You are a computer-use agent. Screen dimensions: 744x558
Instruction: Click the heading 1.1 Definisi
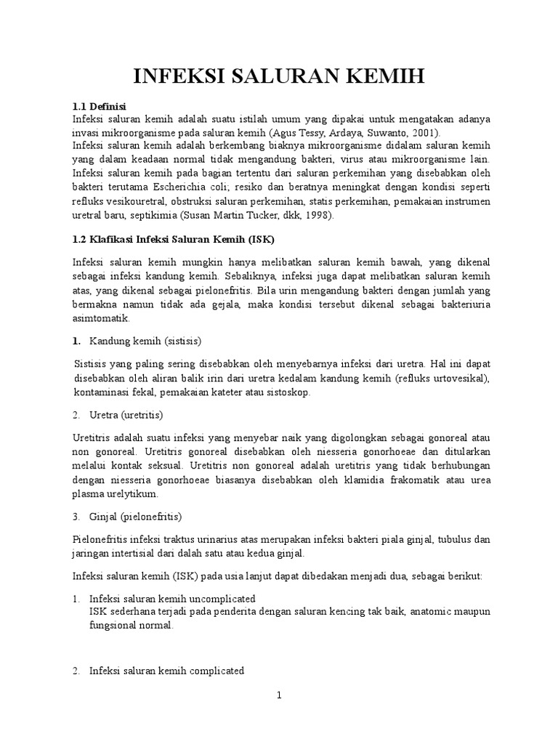[100, 106]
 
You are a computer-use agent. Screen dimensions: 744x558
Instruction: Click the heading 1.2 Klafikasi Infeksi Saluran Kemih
[174, 239]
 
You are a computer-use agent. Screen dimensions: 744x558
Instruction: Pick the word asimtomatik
[100, 318]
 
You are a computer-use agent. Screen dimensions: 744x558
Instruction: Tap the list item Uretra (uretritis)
[126, 415]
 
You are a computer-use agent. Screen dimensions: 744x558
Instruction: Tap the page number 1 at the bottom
[278, 695]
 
